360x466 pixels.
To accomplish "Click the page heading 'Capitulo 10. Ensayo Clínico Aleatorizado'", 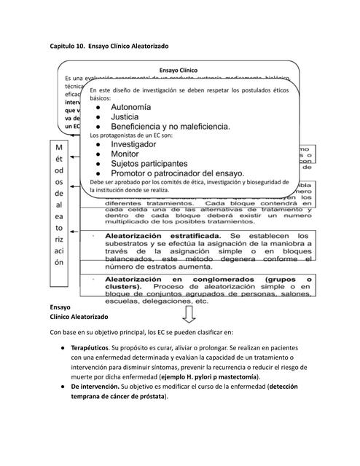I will coord(109,46).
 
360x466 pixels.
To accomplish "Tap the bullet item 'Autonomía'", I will coord(131,107).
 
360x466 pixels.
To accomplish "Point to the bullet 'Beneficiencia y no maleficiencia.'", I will coord(171,127).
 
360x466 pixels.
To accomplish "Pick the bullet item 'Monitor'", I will coord(125,154).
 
